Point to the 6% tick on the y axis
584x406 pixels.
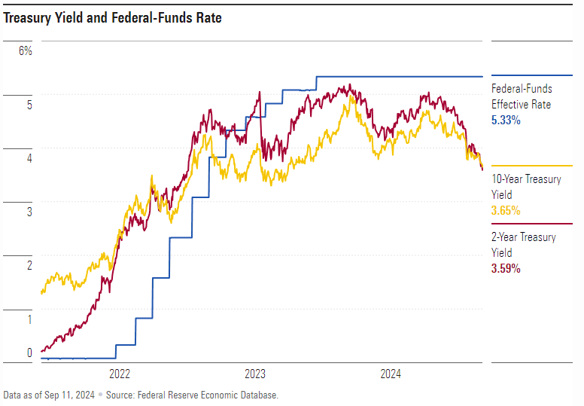26,51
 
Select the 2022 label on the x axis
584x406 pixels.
120,374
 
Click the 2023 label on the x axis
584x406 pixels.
255,374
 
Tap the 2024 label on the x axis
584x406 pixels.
391,374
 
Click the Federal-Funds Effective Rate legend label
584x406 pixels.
522,96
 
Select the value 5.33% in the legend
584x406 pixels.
506,120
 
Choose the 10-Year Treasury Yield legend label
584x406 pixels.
526,187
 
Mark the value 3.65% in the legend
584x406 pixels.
506,211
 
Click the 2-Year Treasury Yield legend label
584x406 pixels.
524,245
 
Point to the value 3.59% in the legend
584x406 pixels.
506,268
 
